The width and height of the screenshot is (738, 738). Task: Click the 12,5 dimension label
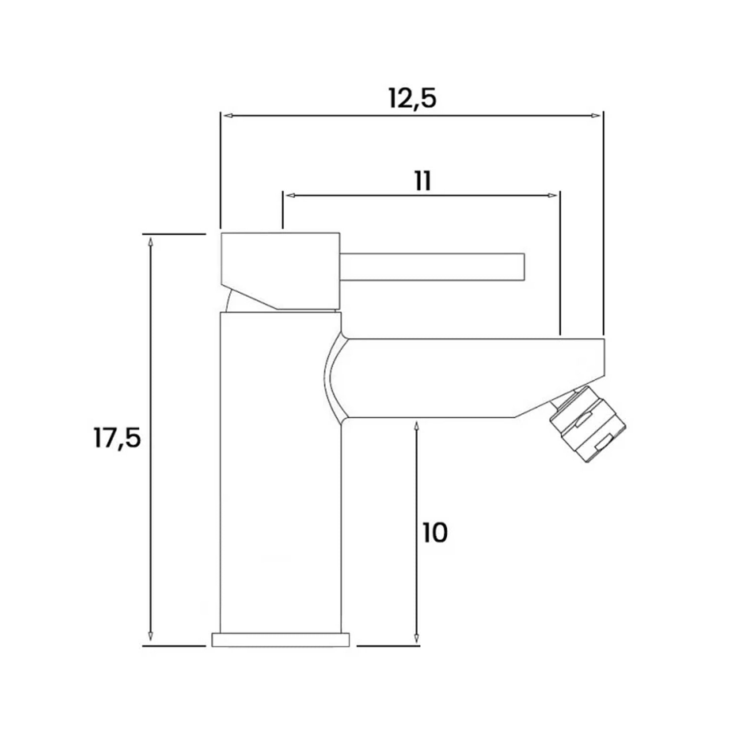[x=412, y=98]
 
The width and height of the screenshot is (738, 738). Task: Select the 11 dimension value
[x=423, y=181]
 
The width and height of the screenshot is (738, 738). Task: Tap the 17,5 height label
[x=117, y=437]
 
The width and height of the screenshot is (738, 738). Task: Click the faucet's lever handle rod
[x=433, y=267]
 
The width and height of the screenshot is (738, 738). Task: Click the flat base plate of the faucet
[x=280, y=640]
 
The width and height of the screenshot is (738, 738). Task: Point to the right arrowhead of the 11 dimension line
[x=553, y=195]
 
